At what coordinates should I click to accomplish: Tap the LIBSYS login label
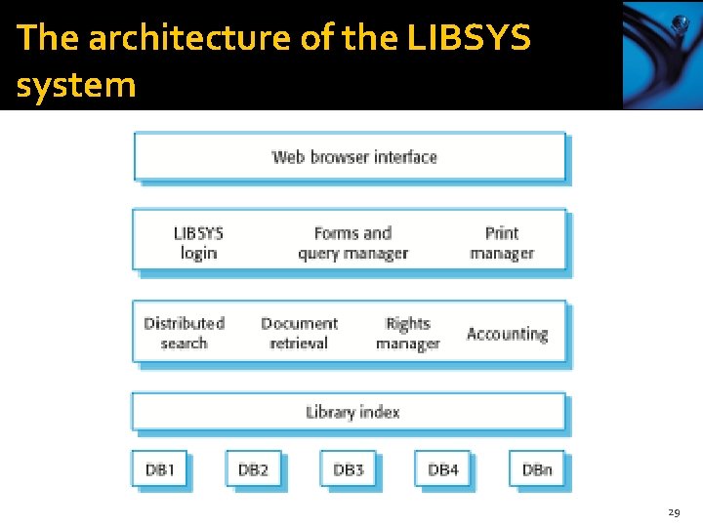click(198, 243)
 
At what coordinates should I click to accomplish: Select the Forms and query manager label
click(352, 243)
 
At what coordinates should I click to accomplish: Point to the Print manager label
click(502, 243)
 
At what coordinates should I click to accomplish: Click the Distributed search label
click(184, 333)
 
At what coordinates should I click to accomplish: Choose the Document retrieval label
click(299, 333)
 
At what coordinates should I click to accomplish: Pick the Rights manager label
click(407, 333)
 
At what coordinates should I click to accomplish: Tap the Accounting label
click(507, 334)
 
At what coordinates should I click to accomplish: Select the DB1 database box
click(160, 469)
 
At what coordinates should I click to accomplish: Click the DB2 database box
click(254, 469)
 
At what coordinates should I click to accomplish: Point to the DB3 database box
click(349, 469)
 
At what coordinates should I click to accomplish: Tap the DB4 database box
click(442, 469)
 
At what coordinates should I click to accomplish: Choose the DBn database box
click(537, 469)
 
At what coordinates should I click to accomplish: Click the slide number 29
click(674, 511)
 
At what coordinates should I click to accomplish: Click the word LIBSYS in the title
click(468, 37)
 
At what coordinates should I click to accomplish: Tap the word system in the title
click(75, 85)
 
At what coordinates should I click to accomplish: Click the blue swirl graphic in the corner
click(662, 55)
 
